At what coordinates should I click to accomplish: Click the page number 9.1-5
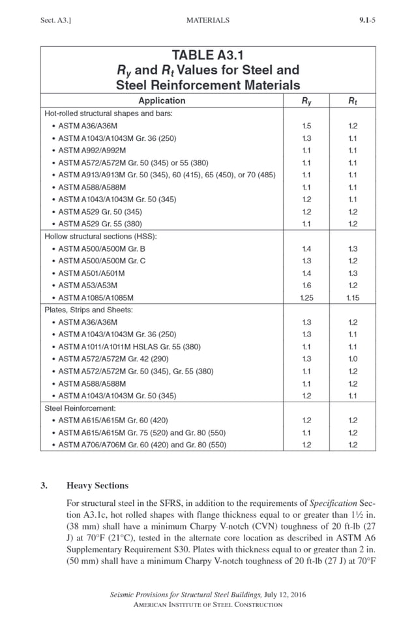pos(367,20)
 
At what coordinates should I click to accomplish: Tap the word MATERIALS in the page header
pos(207,20)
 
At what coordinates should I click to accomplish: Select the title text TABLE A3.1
pos(207,55)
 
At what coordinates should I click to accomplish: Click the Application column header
pos(162,100)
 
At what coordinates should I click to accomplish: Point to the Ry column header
pos(306,100)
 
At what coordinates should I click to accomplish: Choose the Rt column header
pos(353,100)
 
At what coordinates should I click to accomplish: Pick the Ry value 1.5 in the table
pos(306,126)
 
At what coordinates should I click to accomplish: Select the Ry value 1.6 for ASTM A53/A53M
pos(306,286)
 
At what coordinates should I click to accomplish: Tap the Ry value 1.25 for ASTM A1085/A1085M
pos(306,298)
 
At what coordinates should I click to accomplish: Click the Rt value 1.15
pos(353,298)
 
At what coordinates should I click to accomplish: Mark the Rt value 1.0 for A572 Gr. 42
pos(353,359)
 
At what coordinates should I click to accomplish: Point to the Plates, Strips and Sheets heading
pos(89,310)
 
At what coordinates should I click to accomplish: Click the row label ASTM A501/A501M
pos(92,273)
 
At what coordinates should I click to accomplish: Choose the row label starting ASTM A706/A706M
pos(142,445)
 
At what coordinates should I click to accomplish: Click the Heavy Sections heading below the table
pos(97,485)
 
